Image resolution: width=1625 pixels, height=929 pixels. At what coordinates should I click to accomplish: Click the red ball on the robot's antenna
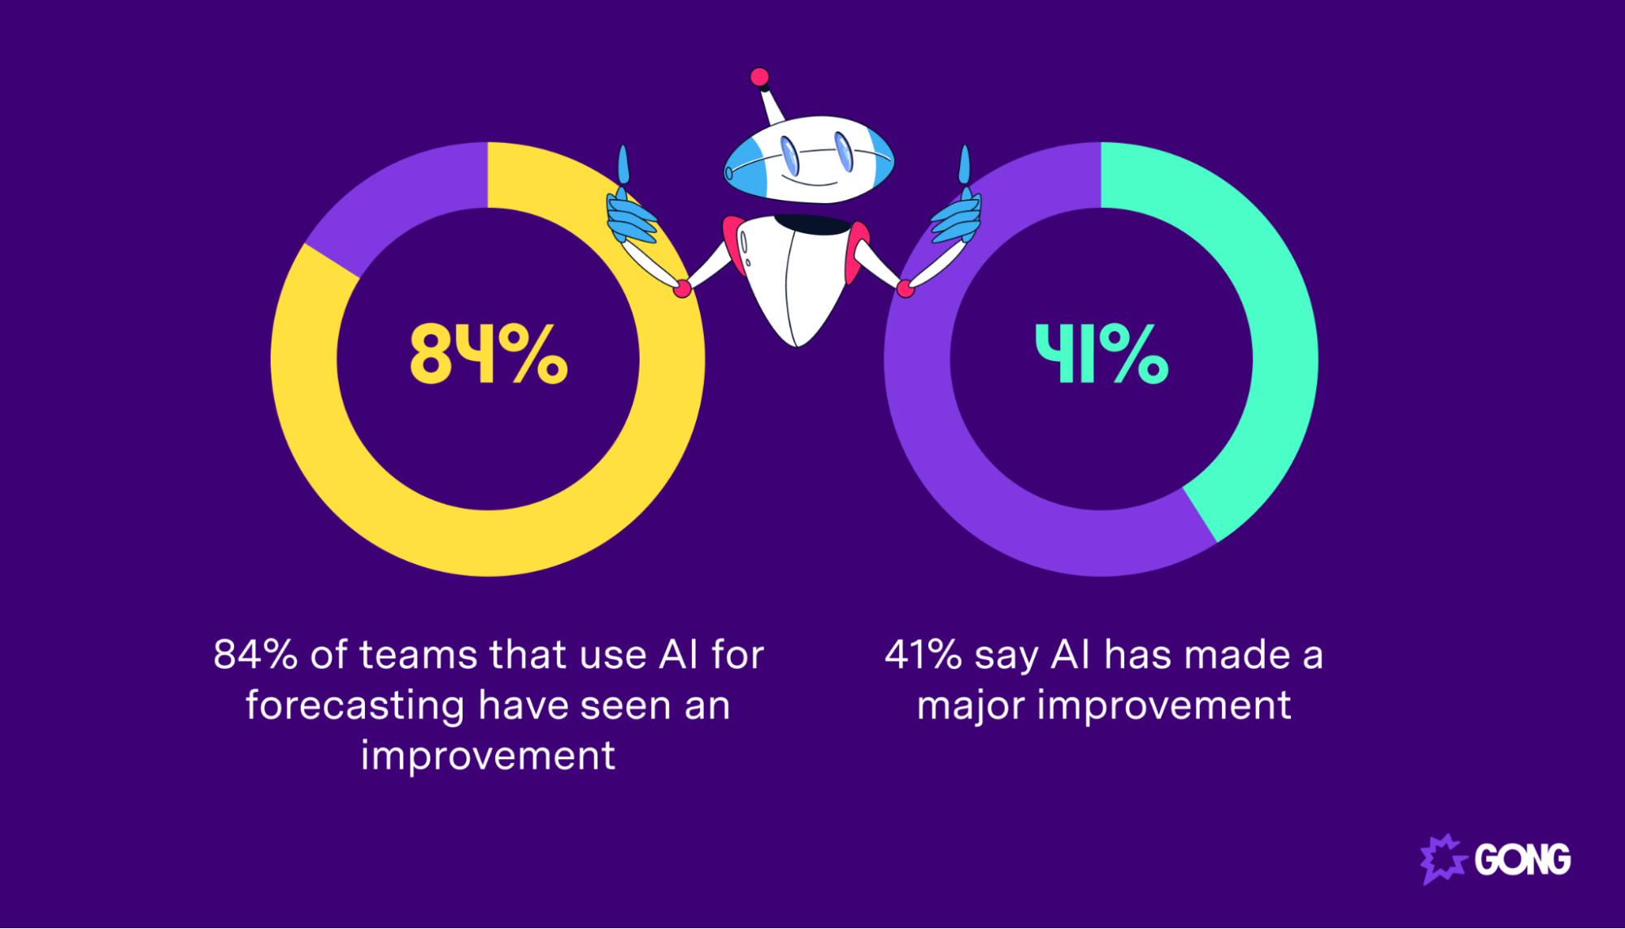click(x=759, y=77)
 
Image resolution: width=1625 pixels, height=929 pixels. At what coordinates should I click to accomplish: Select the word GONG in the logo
click(x=1523, y=860)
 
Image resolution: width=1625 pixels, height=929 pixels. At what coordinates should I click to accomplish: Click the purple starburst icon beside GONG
click(x=1442, y=859)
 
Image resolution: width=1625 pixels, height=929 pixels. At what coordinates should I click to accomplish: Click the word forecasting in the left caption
click(x=354, y=705)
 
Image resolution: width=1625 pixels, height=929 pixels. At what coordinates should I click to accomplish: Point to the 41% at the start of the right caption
click(x=923, y=655)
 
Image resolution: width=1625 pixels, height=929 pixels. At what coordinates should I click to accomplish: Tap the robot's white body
click(x=797, y=276)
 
